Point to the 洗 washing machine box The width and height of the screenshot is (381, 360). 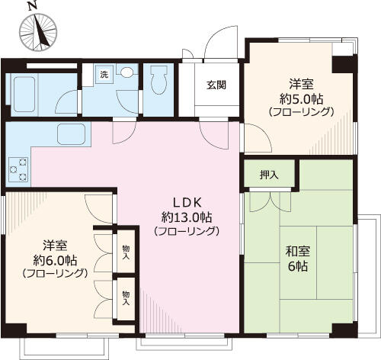click(104, 75)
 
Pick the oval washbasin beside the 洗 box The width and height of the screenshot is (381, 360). click(126, 74)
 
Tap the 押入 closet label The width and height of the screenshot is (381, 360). click(269, 175)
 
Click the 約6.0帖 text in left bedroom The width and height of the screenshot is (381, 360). click(54, 259)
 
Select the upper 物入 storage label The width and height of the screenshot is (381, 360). click(126, 251)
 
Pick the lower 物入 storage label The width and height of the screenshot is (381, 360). click(126, 297)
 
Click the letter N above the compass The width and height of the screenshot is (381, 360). click(31, 5)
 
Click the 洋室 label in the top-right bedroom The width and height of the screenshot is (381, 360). click(300, 83)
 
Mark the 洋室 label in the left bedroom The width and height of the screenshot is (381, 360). click(54, 245)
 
